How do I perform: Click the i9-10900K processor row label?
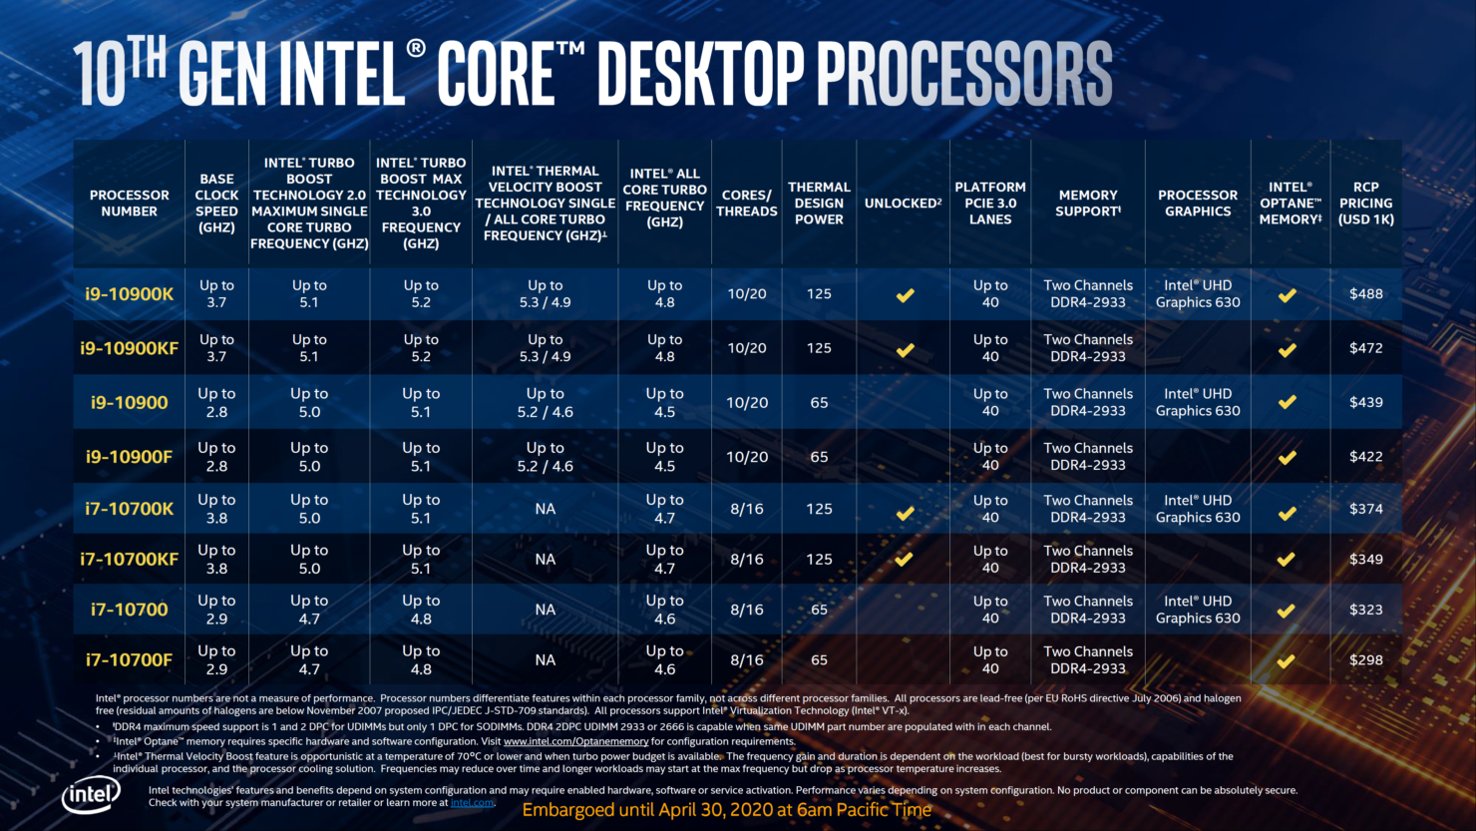point(129,293)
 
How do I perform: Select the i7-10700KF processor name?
point(129,559)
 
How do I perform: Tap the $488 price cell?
point(1365,293)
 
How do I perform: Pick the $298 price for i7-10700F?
point(1365,659)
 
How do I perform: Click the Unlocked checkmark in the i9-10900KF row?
point(905,349)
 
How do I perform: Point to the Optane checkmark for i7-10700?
point(1287,610)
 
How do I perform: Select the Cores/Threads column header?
point(746,203)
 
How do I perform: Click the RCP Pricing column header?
point(1365,203)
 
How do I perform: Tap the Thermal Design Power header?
point(819,203)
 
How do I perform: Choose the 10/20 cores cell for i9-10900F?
point(746,457)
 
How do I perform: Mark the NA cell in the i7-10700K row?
point(545,509)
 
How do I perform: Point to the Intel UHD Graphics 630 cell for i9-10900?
point(1198,402)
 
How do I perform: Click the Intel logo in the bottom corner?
point(92,795)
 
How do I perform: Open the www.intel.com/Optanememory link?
point(575,741)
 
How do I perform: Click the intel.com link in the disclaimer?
point(472,802)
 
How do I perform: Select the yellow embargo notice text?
point(726,810)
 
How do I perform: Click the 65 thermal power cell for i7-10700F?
point(819,659)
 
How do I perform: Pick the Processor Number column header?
point(129,203)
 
